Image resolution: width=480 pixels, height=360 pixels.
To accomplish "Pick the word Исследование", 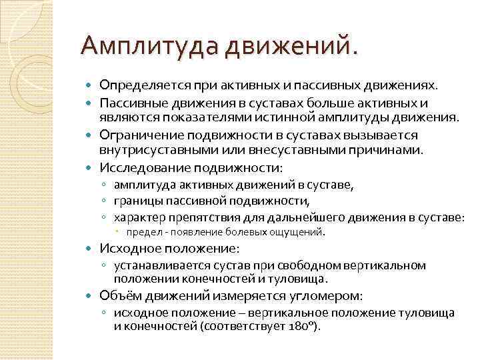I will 141,167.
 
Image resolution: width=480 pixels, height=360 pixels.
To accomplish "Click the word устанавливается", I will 156,265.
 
